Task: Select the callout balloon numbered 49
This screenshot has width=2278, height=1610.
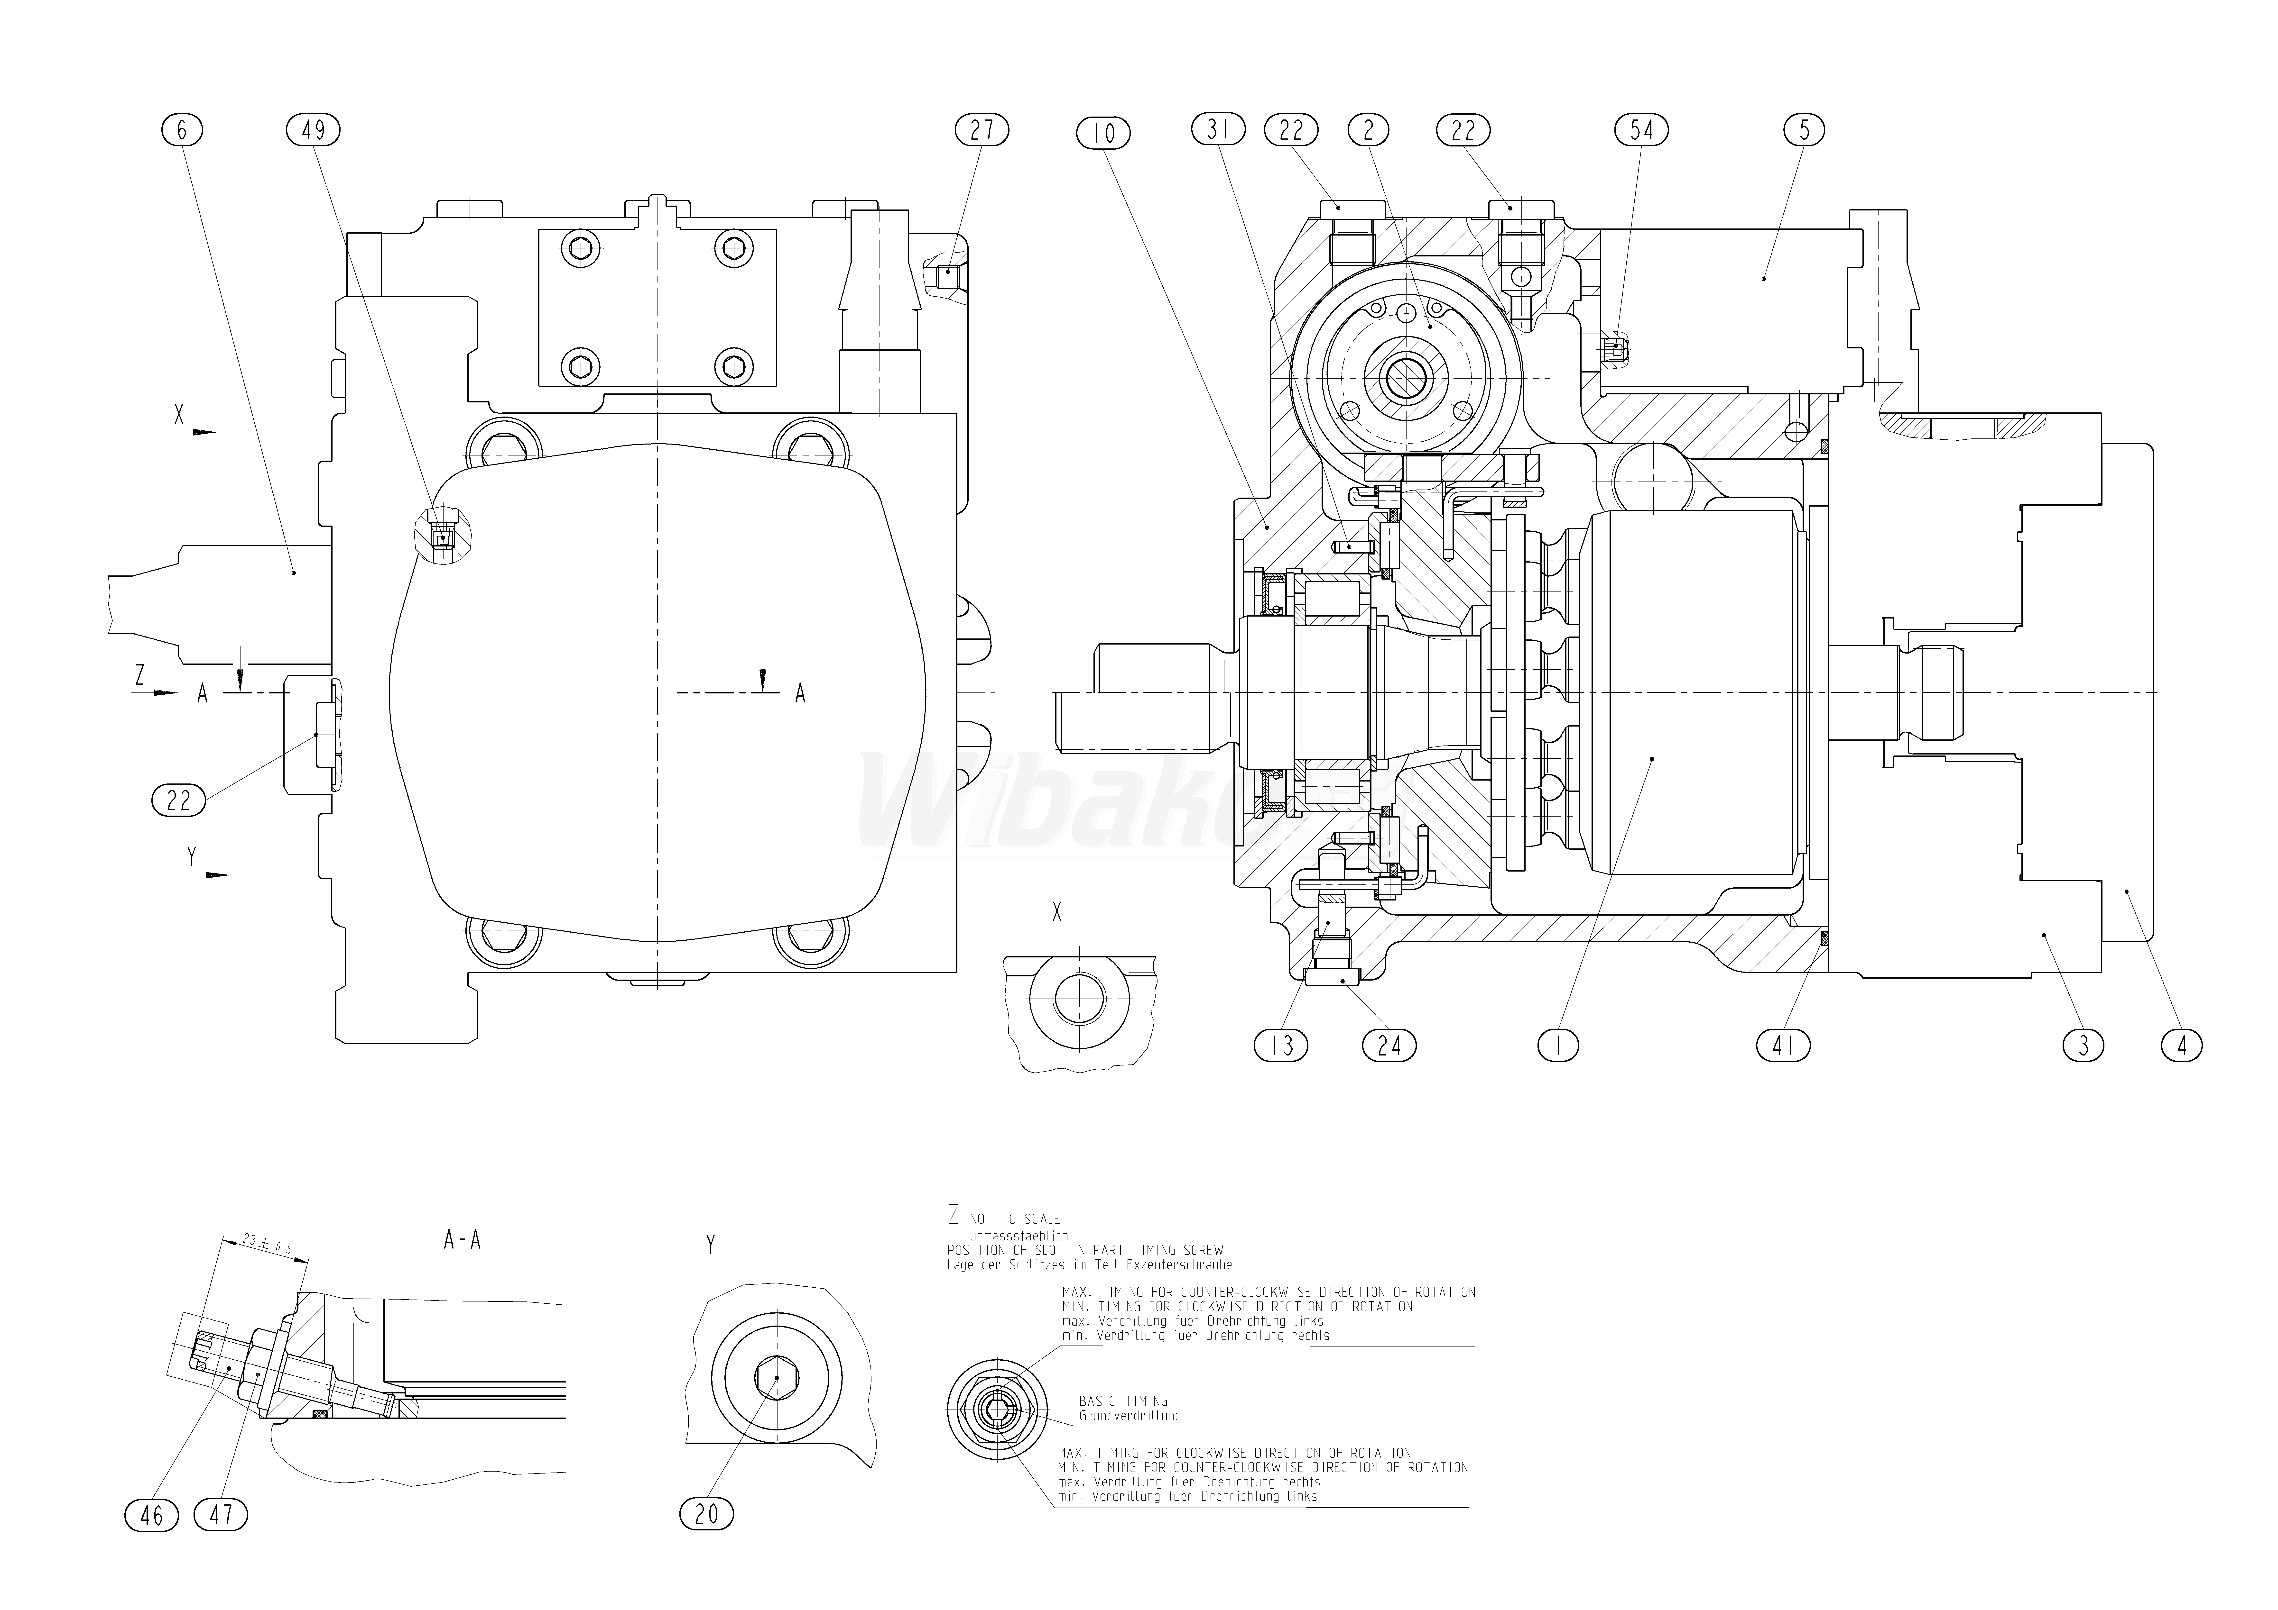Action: tap(313, 130)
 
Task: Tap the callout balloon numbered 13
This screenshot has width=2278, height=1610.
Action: tap(1282, 1046)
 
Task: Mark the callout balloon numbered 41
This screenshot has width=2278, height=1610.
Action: tap(1784, 1046)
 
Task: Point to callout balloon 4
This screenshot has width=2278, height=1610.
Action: tap(2181, 1046)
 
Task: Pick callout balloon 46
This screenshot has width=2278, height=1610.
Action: tap(152, 1516)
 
